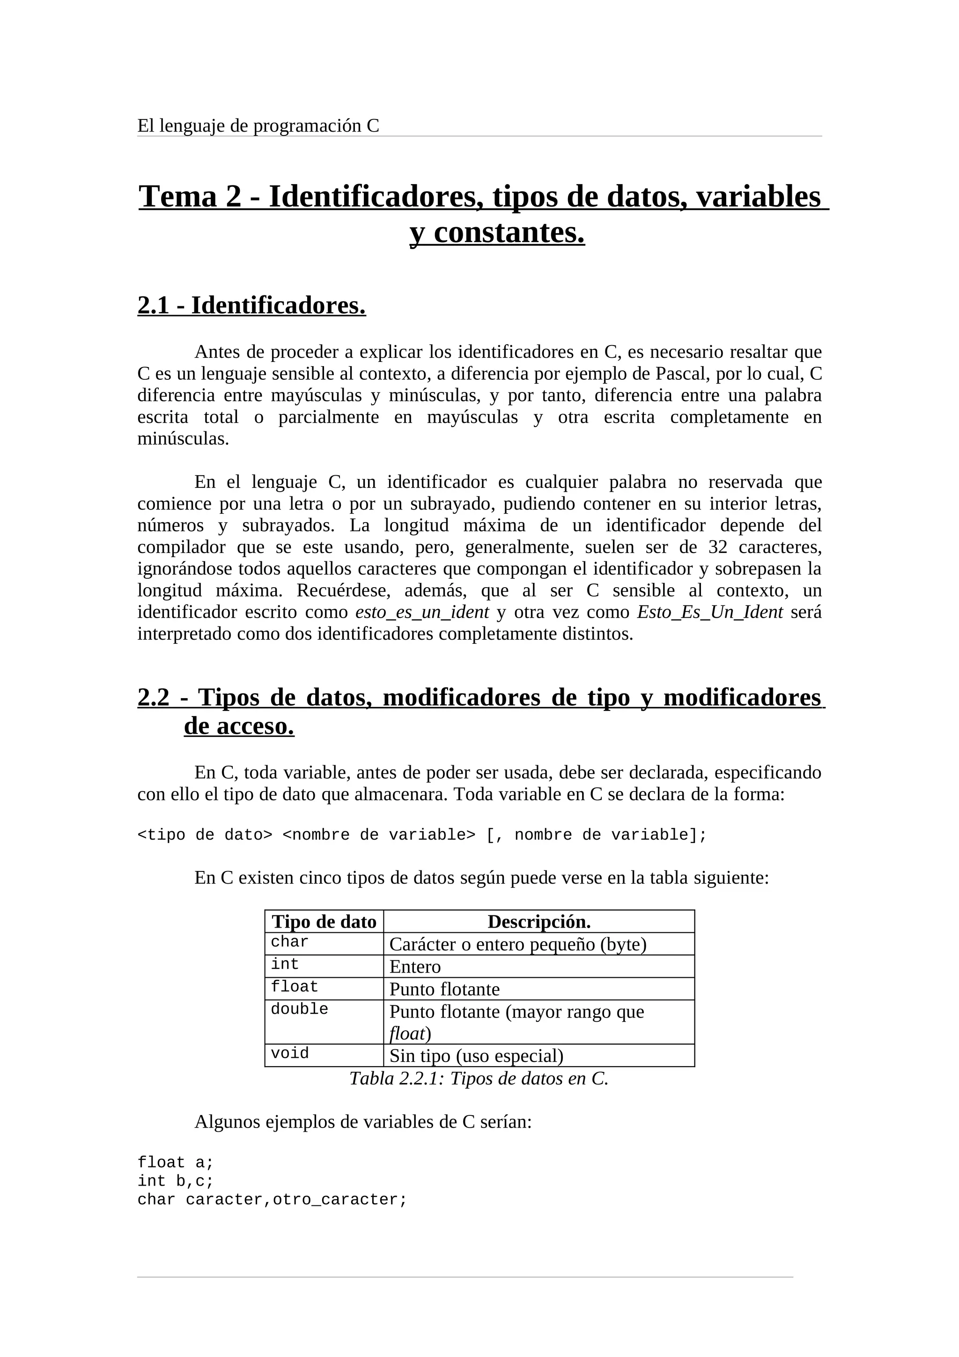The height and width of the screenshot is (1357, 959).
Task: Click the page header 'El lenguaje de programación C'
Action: (x=258, y=126)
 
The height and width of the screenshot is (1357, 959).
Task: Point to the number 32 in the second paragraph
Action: (x=717, y=547)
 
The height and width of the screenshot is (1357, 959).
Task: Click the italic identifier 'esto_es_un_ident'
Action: (x=422, y=612)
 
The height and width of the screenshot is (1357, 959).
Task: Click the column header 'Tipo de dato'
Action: (x=324, y=922)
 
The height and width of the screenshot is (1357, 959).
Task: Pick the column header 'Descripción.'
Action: (x=539, y=922)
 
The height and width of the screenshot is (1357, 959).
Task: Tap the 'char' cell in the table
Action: (x=289, y=942)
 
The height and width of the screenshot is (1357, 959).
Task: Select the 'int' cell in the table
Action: (x=285, y=964)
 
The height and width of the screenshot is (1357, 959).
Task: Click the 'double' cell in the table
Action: (x=299, y=1009)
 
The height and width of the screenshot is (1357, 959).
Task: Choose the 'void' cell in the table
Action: (x=289, y=1053)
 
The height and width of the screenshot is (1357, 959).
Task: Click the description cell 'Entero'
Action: (x=415, y=967)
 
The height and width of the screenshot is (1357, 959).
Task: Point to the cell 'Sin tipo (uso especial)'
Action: (x=476, y=1055)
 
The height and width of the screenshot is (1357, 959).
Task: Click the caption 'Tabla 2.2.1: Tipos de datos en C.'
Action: (x=479, y=1079)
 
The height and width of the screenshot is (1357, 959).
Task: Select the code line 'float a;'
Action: (x=175, y=1163)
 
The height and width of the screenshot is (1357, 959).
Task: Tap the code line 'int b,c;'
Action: (x=175, y=1181)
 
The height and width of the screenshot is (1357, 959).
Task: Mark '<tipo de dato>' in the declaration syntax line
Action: (x=205, y=835)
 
